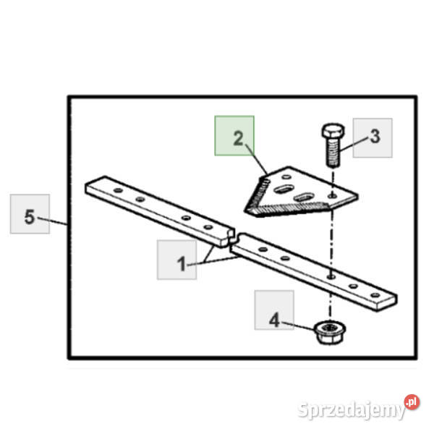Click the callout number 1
[182, 264]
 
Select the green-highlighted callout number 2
[238, 138]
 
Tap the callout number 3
[375, 137]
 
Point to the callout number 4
[274, 320]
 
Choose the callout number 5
[30, 216]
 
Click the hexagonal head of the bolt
[333, 131]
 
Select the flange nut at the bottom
[330, 332]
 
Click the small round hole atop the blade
[286, 176]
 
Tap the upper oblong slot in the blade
[284, 189]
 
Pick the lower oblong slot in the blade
[305, 197]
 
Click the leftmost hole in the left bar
[118, 190]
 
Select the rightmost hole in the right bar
[375, 295]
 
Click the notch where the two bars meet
[232, 237]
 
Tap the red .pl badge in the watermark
[412, 402]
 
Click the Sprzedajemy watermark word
[352, 409]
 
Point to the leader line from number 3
[355, 144]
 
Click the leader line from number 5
[53, 221]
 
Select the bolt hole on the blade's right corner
[333, 196]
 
